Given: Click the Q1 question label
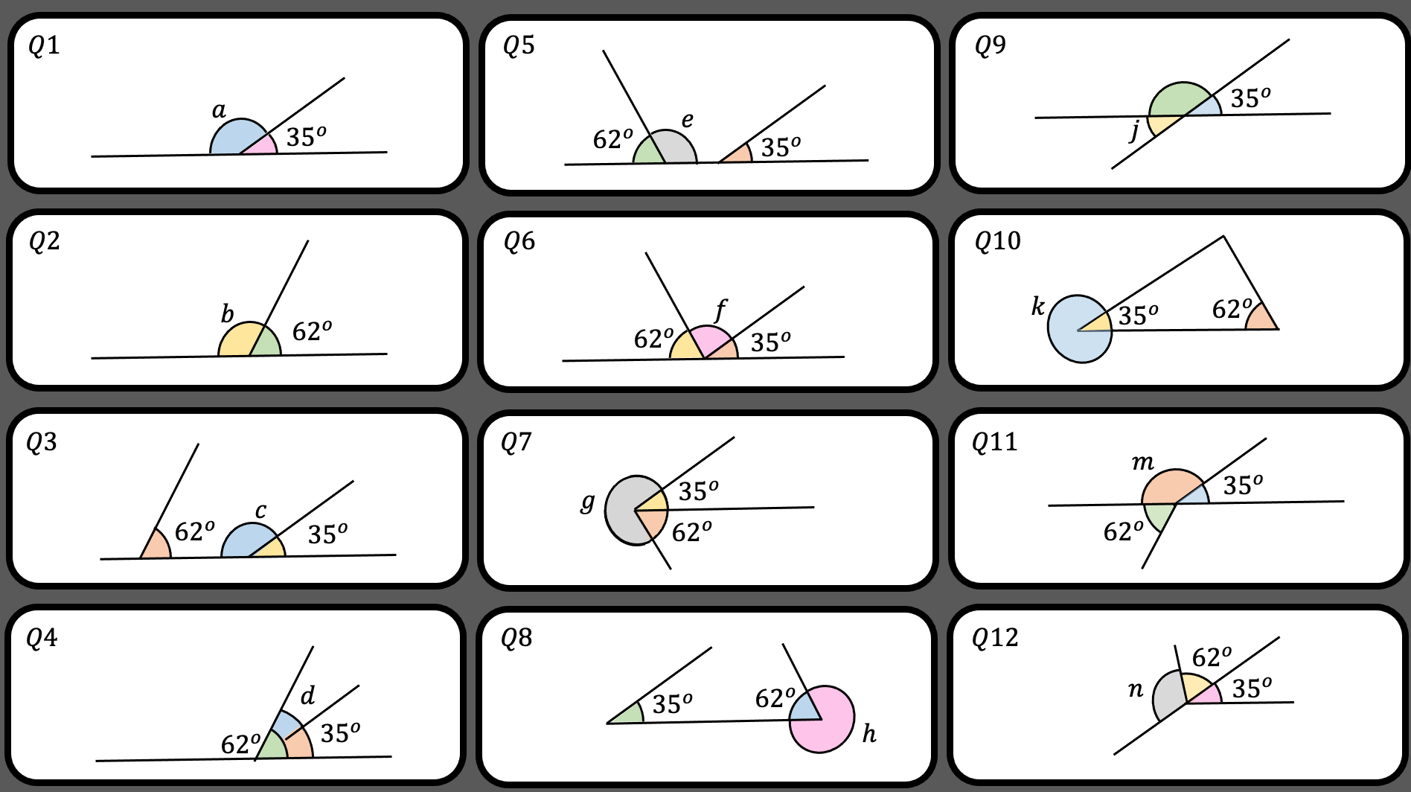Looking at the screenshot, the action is click(x=44, y=46).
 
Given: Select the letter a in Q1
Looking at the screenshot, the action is click(x=219, y=111).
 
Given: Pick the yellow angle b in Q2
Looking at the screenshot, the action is click(x=237, y=342).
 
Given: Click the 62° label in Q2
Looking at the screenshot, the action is click(x=312, y=330).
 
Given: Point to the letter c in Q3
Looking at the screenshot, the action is click(x=260, y=511).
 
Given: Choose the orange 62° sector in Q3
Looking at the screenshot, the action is click(x=156, y=544).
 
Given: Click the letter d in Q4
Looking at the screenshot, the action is click(x=307, y=695).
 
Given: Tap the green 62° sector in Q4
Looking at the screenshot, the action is click(x=273, y=745).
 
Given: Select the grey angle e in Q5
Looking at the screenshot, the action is click(x=673, y=148).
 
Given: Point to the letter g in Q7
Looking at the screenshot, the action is click(x=588, y=502).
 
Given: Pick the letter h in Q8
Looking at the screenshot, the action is click(x=868, y=734).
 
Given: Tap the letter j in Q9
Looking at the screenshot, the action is click(x=1134, y=130).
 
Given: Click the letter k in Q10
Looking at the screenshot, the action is click(x=1037, y=306).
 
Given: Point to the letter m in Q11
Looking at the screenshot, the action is click(x=1142, y=463).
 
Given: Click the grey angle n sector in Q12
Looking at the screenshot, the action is click(x=1168, y=695).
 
